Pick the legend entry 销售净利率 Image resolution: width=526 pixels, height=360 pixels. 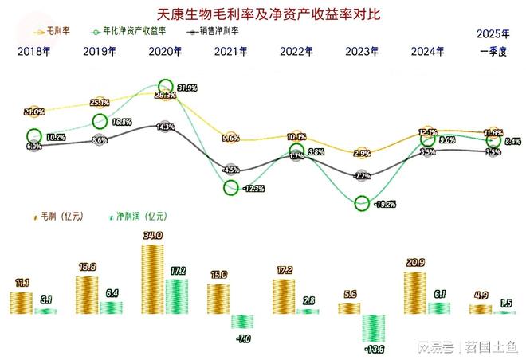click(216, 30)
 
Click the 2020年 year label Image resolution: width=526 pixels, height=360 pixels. click(165, 52)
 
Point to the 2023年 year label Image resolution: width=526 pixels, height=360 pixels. click(362, 52)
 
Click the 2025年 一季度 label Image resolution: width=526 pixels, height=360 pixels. click(493, 43)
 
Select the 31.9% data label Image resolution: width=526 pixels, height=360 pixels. click(188, 88)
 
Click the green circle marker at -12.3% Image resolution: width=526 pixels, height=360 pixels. click(231, 188)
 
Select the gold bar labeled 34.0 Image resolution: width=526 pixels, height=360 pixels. click(153, 279)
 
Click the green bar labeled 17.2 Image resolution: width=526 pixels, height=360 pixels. click(178, 295)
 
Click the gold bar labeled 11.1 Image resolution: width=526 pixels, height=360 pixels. click(22, 303)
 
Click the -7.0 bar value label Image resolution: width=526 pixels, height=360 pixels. click(243, 339)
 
